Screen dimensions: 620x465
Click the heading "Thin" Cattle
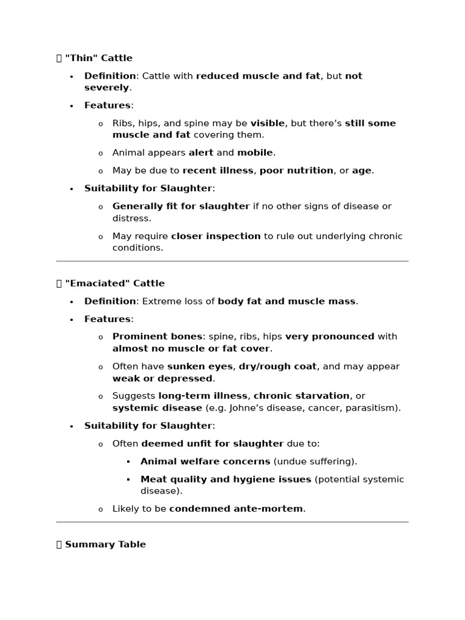click(98, 58)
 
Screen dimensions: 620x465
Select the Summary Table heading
click(105, 544)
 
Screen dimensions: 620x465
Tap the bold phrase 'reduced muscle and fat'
click(258, 76)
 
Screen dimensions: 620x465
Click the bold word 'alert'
click(201, 153)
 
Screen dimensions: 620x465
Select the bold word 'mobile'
click(255, 153)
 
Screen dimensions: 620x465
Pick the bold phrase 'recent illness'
click(218, 171)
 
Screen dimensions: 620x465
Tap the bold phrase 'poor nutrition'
click(297, 171)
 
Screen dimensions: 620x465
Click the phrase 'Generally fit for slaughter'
click(181, 206)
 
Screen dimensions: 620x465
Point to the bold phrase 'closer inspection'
click(216, 236)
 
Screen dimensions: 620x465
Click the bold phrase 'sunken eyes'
click(200, 366)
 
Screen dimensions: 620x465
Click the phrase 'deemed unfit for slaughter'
click(213, 444)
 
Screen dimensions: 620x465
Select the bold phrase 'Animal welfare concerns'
click(205, 461)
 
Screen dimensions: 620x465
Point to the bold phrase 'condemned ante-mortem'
click(236, 509)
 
